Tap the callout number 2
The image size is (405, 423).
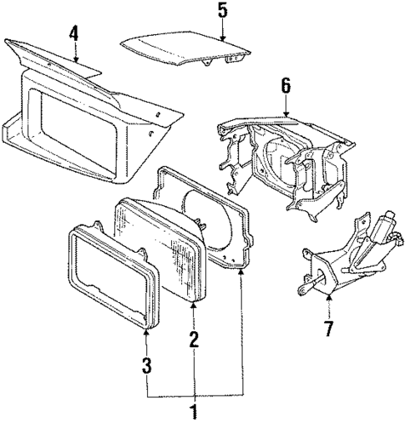[194, 339]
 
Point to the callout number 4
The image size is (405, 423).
[74, 34]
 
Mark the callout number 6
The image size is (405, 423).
[286, 84]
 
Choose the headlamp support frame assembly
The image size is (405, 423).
[284, 159]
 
